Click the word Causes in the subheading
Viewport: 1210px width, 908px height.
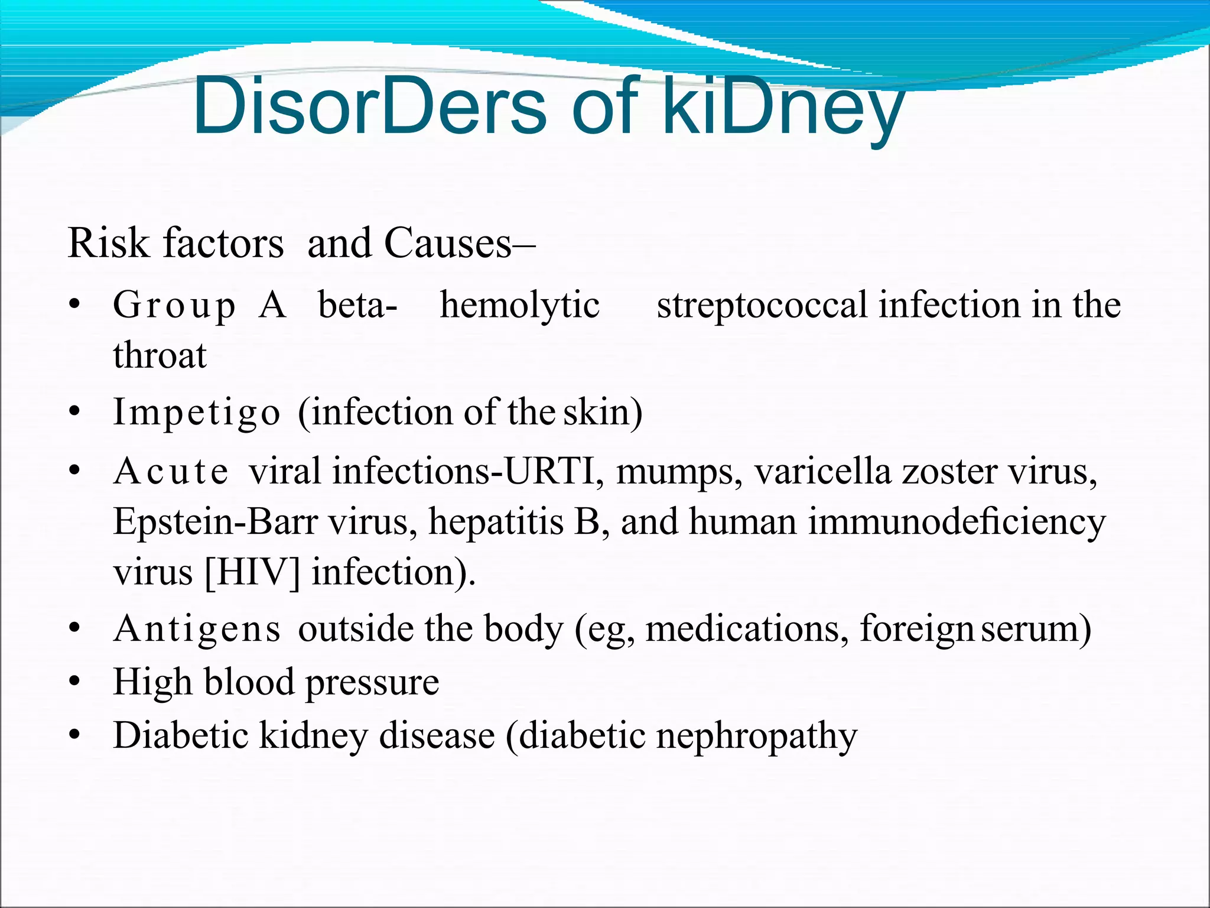(x=447, y=243)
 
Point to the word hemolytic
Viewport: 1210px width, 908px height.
(x=519, y=306)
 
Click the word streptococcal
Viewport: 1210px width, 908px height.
(x=762, y=306)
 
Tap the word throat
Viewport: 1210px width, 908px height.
(x=160, y=356)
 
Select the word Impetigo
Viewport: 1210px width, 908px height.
(x=196, y=413)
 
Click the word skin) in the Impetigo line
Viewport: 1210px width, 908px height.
(x=603, y=412)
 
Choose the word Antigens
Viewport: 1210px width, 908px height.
(x=197, y=630)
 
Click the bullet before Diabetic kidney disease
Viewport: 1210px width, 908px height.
(x=74, y=736)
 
